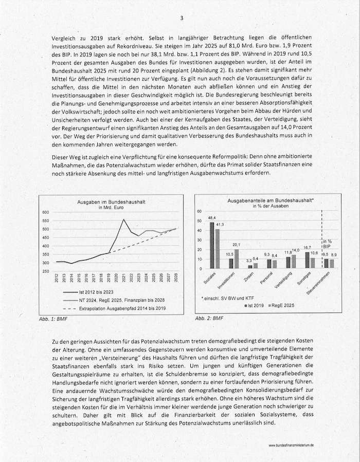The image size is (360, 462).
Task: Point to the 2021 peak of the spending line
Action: (123, 220)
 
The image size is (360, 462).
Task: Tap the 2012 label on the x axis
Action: (57, 278)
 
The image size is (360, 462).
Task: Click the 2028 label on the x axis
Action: (176, 278)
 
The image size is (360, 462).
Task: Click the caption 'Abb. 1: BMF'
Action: (53, 319)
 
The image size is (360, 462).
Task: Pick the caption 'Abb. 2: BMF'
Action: (209, 319)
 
